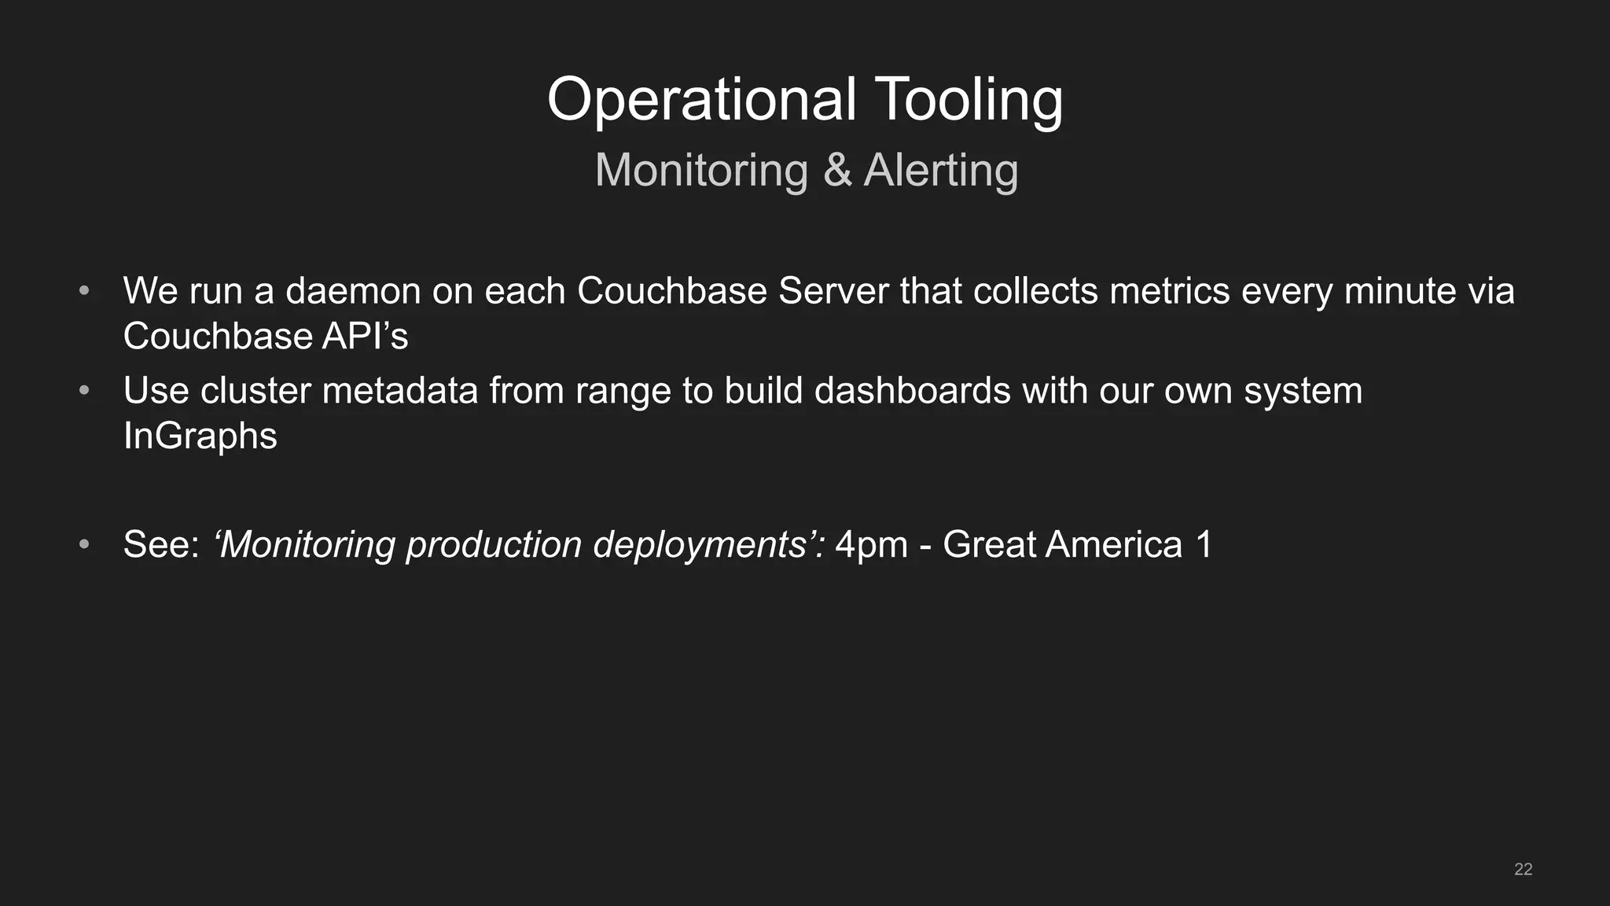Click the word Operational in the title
pos(700,100)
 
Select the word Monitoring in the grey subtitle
pos(700,171)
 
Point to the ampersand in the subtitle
pos(837,171)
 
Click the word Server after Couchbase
pos(833,291)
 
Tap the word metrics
pos(1170,291)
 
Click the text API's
pos(365,337)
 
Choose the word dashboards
pos(912,391)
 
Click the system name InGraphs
pos(200,436)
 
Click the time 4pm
pos(871,545)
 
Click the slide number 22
pos(1523,869)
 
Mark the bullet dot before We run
pos(84,292)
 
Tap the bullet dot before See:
pos(84,545)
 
